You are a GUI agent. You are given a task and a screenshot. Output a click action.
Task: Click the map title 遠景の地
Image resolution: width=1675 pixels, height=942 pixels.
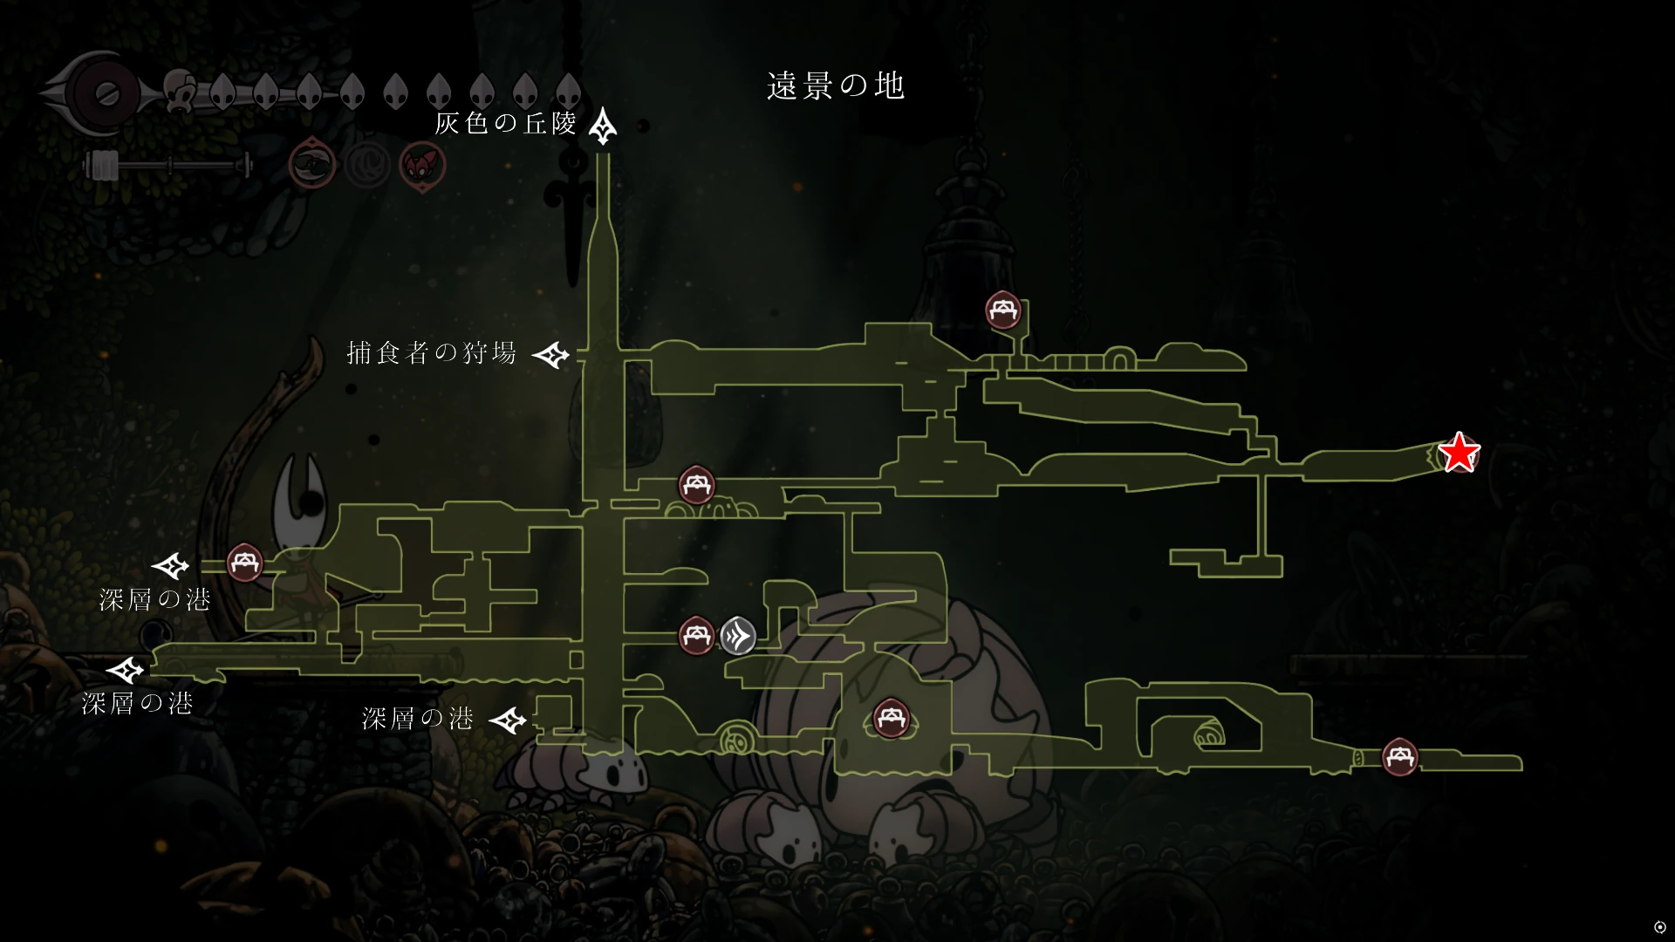(x=836, y=85)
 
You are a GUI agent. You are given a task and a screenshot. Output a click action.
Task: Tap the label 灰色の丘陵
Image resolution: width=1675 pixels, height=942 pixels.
(x=506, y=124)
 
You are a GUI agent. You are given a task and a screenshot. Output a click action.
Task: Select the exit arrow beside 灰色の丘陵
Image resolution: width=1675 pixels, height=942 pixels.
(x=603, y=127)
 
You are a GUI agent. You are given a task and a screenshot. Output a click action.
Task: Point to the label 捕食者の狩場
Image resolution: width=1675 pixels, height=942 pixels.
(x=432, y=352)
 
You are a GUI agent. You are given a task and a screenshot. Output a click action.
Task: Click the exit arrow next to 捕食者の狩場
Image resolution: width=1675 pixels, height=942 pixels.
(x=551, y=355)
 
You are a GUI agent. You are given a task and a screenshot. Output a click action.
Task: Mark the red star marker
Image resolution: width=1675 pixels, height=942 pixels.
(x=1459, y=454)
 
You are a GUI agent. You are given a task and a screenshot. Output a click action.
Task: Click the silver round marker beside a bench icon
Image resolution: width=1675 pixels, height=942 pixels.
(x=738, y=635)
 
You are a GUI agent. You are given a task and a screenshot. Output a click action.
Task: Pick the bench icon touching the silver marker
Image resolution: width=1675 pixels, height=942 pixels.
(x=696, y=635)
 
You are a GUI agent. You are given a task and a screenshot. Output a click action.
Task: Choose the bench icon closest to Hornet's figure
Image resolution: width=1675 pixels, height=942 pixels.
(x=244, y=563)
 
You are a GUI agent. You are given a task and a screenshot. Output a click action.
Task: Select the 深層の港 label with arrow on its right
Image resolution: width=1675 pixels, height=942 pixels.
(x=418, y=719)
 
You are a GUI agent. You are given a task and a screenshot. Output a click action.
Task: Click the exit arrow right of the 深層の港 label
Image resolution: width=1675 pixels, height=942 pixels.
(x=508, y=720)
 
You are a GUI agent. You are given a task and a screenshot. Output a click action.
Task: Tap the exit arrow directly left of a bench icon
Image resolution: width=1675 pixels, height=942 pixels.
(x=171, y=567)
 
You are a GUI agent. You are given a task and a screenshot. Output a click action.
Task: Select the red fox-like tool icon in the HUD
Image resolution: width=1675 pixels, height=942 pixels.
(x=422, y=166)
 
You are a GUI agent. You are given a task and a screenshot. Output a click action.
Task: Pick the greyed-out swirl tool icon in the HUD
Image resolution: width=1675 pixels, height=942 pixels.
(x=366, y=164)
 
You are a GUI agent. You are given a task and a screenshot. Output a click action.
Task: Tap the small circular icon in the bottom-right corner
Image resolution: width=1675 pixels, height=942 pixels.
(x=1659, y=926)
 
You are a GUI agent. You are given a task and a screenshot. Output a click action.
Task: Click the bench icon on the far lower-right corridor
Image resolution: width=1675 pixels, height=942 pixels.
(x=1400, y=756)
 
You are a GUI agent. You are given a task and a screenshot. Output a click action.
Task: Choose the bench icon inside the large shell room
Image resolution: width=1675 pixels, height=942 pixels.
(x=891, y=719)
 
